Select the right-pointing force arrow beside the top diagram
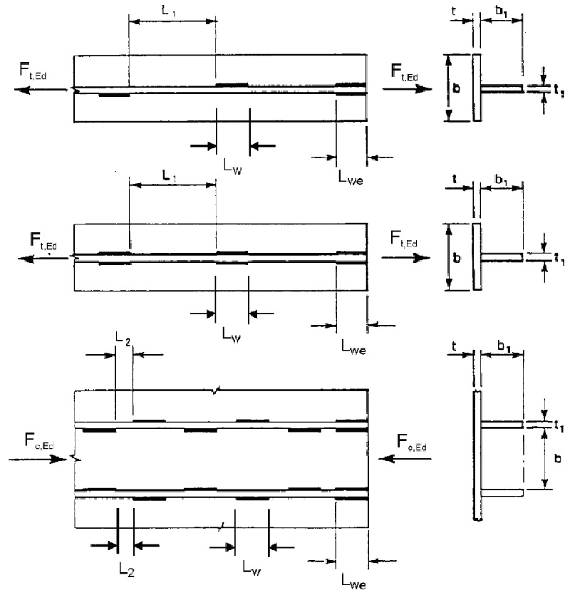click(x=407, y=88)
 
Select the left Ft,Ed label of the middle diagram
click(x=43, y=242)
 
